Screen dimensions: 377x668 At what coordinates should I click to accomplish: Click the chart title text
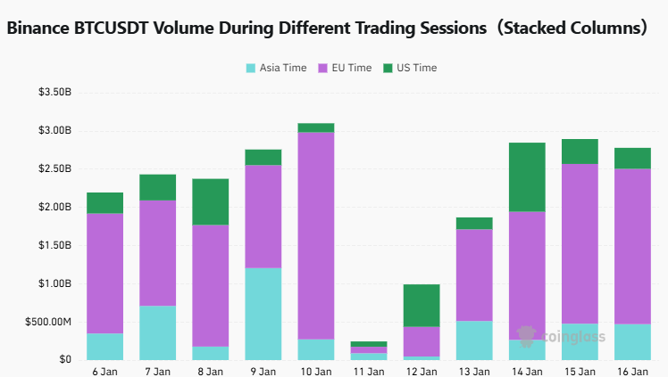(327, 28)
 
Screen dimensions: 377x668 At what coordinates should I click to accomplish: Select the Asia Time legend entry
(277, 68)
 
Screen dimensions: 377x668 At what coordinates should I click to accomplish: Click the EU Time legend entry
(346, 68)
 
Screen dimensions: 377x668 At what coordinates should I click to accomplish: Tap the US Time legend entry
(410, 68)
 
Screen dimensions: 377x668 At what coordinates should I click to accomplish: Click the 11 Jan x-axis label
(369, 371)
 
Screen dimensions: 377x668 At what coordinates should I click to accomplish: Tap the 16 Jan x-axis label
(632, 371)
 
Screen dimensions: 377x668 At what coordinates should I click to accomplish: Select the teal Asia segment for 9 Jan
(263, 314)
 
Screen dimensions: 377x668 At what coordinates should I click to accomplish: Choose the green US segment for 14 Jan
(527, 176)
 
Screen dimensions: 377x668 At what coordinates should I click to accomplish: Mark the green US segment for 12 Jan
(422, 305)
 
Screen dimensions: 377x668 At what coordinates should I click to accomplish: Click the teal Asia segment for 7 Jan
(157, 332)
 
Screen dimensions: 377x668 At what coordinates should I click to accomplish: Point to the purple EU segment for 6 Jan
(104, 273)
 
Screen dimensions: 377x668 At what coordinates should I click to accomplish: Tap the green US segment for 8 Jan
(210, 201)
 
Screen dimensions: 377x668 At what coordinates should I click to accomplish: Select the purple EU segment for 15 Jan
(580, 243)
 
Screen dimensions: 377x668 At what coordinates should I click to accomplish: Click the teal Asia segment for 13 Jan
(474, 340)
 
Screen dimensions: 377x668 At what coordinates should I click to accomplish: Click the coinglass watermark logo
(562, 337)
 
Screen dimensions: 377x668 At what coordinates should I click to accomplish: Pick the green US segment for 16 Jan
(632, 158)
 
